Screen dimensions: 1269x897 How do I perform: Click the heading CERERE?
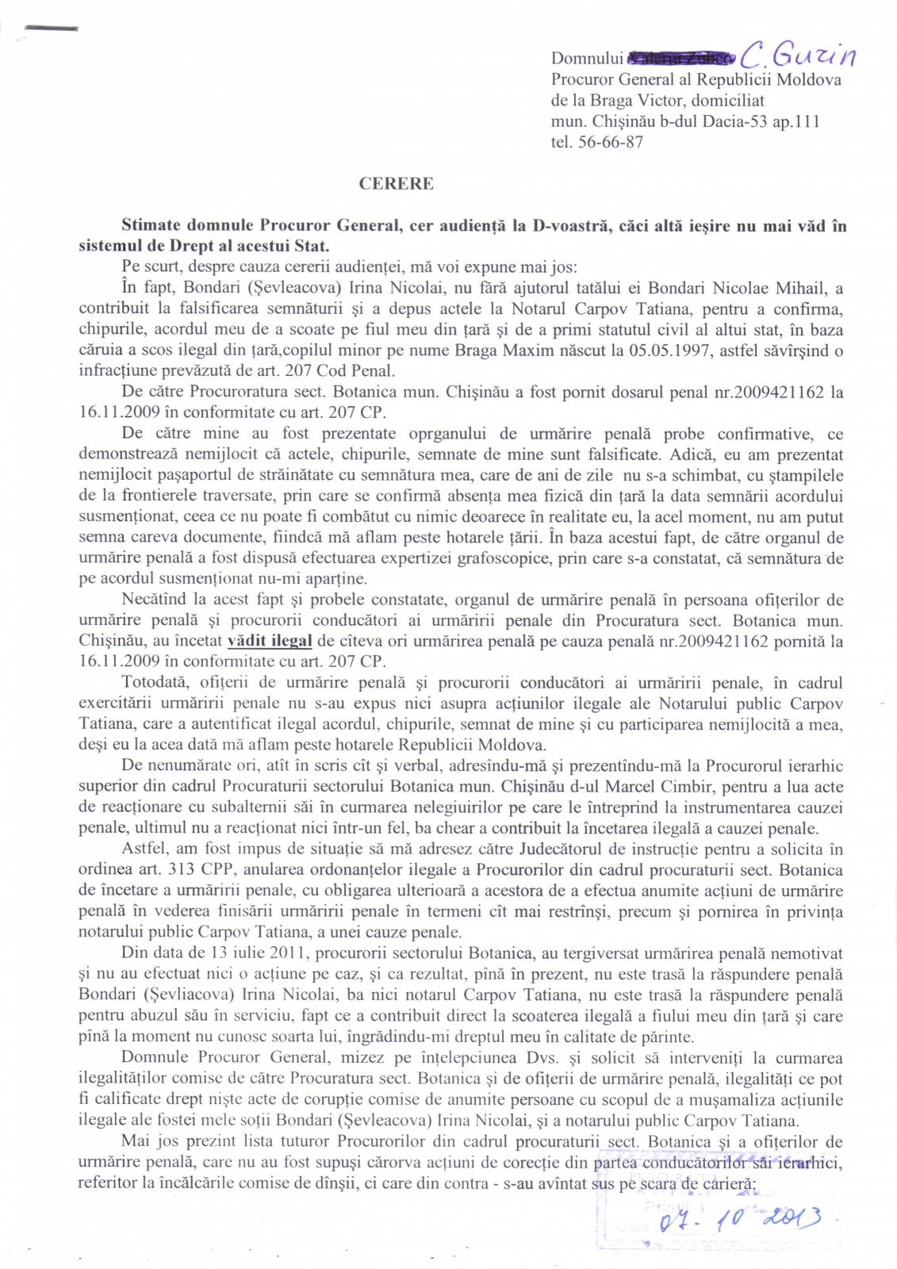coord(396,183)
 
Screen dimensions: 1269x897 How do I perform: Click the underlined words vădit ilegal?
coord(270,641)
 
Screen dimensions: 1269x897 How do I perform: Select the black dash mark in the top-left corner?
coord(52,28)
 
